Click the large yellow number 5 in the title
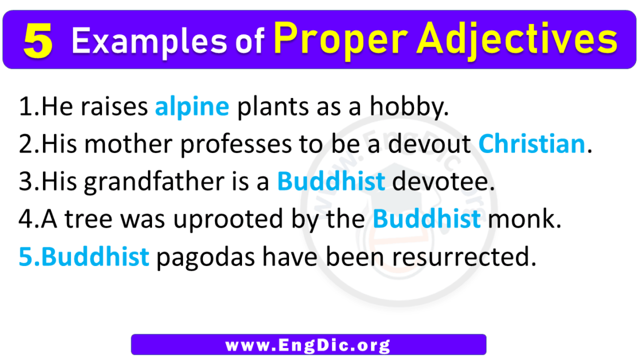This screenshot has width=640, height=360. (38, 42)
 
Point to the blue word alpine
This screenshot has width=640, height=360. (192, 107)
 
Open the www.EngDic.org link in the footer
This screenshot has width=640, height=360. (309, 345)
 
